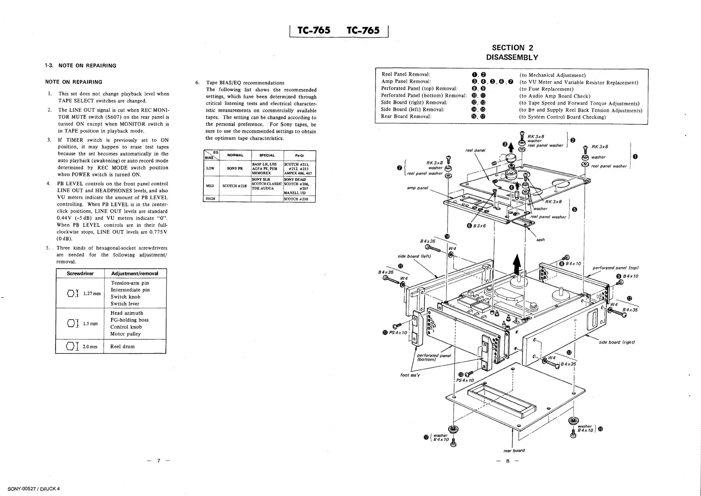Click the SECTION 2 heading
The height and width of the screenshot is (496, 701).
tap(512, 48)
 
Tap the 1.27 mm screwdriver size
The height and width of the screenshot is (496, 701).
tap(92, 293)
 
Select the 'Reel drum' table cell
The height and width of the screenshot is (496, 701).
tap(122, 346)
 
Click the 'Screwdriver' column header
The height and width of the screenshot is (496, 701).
tap(80, 273)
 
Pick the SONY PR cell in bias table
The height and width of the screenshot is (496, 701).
tap(235, 168)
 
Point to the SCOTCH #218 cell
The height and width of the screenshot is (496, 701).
tap(234, 186)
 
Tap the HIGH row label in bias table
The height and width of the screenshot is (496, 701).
tap(211, 199)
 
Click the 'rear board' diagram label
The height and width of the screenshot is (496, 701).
tap(514, 450)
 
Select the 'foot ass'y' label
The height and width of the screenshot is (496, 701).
tap(410, 375)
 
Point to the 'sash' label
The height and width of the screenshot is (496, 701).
tap(541, 240)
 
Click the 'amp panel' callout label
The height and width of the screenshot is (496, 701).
tap(417, 188)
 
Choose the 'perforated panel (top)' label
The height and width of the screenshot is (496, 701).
tap(615, 268)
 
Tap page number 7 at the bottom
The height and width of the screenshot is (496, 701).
tap(158, 460)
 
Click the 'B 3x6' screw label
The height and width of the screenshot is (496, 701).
tap(479, 225)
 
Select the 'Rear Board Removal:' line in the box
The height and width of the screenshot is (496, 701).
tap(406, 116)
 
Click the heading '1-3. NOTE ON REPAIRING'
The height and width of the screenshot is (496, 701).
tap(81, 65)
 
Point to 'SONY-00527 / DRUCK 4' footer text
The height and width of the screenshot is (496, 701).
tap(34, 489)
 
